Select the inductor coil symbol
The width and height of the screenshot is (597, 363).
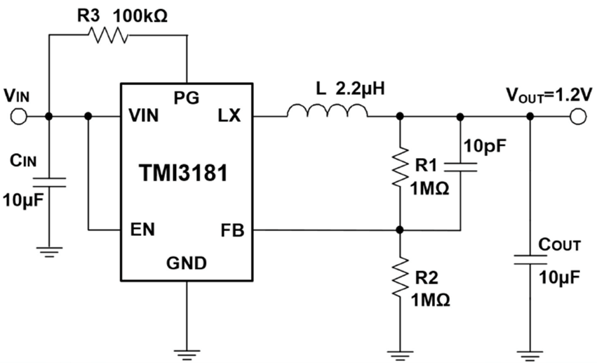coord(326,110)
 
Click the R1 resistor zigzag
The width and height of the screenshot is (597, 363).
coord(399,164)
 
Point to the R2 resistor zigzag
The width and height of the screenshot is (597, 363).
coord(399,277)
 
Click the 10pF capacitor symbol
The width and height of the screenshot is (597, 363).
coord(460,166)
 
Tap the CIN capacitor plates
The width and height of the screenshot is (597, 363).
coord(49,182)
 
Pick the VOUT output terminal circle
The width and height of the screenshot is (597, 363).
coord(578,116)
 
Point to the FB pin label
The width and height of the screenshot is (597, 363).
coord(231,230)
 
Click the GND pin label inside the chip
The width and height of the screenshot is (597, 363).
coord(187,264)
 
